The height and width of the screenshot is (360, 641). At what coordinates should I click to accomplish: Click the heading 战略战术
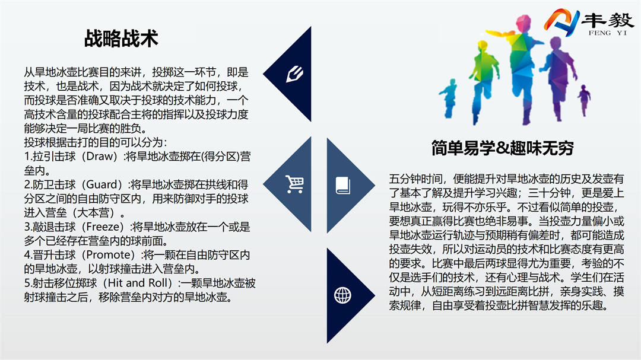pyautogui.click(x=121, y=39)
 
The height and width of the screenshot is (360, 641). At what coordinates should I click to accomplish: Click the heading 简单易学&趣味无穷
pyautogui.click(x=503, y=148)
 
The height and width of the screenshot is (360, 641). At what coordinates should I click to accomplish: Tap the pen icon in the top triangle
pyautogui.click(x=295, y=74)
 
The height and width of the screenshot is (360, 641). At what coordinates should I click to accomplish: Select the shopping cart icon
pyautogui.click(x=295, y=184)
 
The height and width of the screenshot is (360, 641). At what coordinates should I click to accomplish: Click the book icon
pyautogui.click(x=343, y=185)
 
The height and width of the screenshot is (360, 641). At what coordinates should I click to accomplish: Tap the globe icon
pyautogui.click(x=342, y=295)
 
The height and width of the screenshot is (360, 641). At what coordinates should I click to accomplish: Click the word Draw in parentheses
pyautogui.click(x=100, y=157)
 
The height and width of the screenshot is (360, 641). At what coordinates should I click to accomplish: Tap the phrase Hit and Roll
pyautogui.click(x=139, y=283)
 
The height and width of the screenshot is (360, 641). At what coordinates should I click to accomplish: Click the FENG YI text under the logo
pyautogui.click(x=608, y=33)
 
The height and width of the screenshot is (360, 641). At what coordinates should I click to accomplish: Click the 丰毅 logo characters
pyautogui.click(x=608, y=20)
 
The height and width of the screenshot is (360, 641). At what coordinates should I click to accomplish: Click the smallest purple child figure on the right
pyautogui.click(x=584, y=100)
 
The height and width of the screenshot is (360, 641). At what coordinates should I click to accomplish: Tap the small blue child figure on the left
pyautogui.click(x=449, y=98)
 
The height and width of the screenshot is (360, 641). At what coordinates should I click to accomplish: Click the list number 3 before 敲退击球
pyautogui.click(x=27, y=227)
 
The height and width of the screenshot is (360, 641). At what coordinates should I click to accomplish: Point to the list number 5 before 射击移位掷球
pyautogui.click(x=27, y=283)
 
